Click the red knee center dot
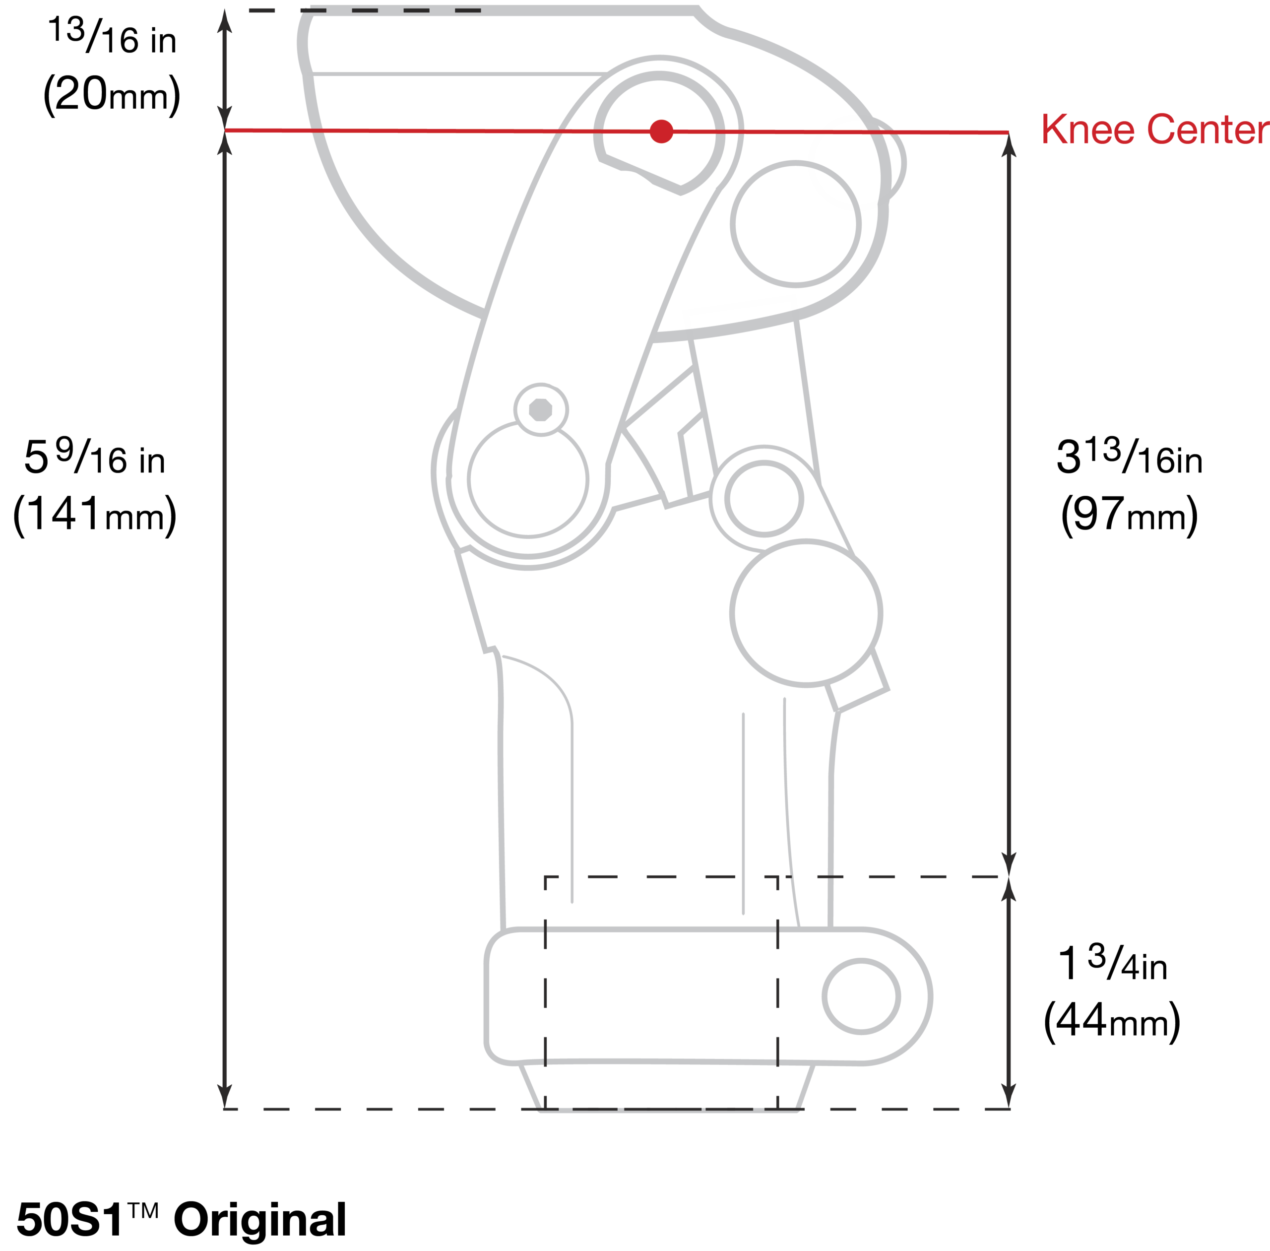coord(661,132)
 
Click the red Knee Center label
coord(1154,130)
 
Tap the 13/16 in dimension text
coord(112,37)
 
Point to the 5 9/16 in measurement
coord(95,456)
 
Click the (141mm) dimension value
coord(95,515)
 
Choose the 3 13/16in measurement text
coord(1129,456)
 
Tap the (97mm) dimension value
coord(1129,515)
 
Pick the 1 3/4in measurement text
coord(1112,963)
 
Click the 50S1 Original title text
coord(182,1219)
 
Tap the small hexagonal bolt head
coord(540,409)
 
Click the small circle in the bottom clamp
coord(861,996)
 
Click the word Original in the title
coord(259,1219)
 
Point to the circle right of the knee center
coord(796,224)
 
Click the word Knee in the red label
coord(1087,130)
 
